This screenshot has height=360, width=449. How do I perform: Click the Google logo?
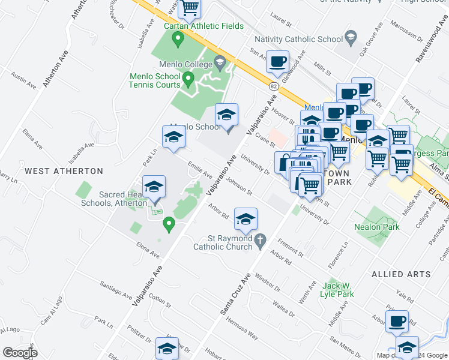tap(20, 353)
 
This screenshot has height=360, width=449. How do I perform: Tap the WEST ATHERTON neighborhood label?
tap(64, 171)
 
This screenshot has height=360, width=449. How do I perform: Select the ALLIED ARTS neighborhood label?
tap(400, 274)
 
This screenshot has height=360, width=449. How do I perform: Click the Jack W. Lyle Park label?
tap(339, 289)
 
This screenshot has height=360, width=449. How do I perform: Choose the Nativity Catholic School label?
tap(298, 40)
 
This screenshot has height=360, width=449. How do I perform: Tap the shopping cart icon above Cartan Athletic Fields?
tap(190, 8)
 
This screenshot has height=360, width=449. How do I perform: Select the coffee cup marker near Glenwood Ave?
tap(278, 61)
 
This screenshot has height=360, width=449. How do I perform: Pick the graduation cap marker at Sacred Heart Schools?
tap(154, 187)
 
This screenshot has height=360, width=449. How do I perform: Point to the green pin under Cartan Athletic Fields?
tap(178, 40)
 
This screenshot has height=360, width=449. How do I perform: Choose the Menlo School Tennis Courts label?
tap(154, 80)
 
